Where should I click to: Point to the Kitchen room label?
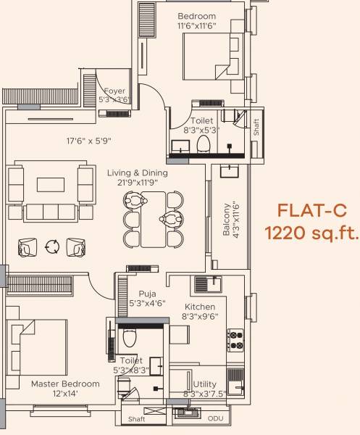pyautogui.click(x=199, y=307)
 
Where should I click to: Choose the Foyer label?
pyautogui.click(x=114, y=91)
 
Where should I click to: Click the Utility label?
pyautogui.click(x=204, y=384)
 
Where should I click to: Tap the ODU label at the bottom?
pyautogui.click(x=215, y=419)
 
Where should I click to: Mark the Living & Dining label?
pyautogui.click(x=138, y=173)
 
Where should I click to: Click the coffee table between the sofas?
pyautogui.click(x=51, y=184)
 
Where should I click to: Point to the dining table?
pyautogui.click(x=153, y=218)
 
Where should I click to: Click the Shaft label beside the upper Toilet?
pyautogui.click(x=256, y=123)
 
